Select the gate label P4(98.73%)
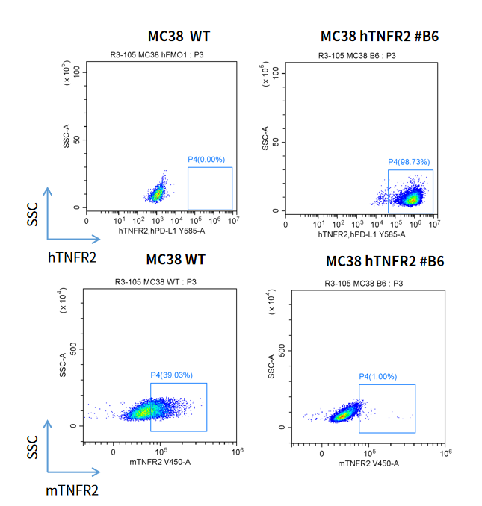tap(409, 162)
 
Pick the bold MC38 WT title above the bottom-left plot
tap(176, 260)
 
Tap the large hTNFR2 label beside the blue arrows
tap(72, 257)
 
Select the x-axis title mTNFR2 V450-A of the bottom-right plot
tap(368, 463)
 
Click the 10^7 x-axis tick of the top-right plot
tap(433, 224)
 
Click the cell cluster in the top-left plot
tap(158, 193)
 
